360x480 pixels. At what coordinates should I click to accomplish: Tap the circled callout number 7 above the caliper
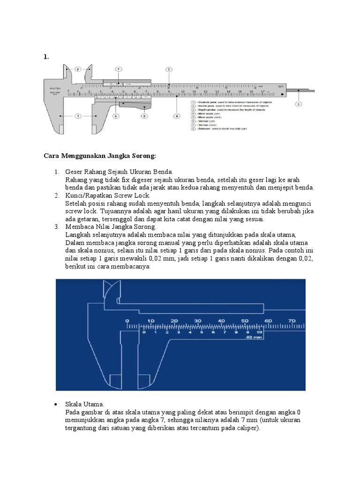coord(119,69)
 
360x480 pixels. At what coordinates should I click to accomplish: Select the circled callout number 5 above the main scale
coord(169,69)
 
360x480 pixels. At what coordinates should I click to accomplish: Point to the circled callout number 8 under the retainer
coord(144,116)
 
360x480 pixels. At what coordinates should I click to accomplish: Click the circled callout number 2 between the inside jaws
coord(78,69)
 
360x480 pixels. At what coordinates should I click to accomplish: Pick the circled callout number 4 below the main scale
coord(176,116)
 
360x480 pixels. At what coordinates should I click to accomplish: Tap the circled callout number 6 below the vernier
coord(115,116)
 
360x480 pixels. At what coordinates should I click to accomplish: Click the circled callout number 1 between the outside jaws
coord(78,116)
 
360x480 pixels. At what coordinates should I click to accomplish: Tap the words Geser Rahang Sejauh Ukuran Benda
coord(120,172)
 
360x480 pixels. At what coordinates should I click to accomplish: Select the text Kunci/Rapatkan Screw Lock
coord(108,195)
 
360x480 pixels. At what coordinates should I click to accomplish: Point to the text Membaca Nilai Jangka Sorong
coord(111,226)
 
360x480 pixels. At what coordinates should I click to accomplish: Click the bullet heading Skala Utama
coord(85,404)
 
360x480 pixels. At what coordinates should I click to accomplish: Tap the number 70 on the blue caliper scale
coord(291,321)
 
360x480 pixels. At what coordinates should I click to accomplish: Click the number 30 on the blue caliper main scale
coord(197,321)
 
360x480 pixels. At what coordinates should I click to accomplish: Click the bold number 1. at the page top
coord(46,57)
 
